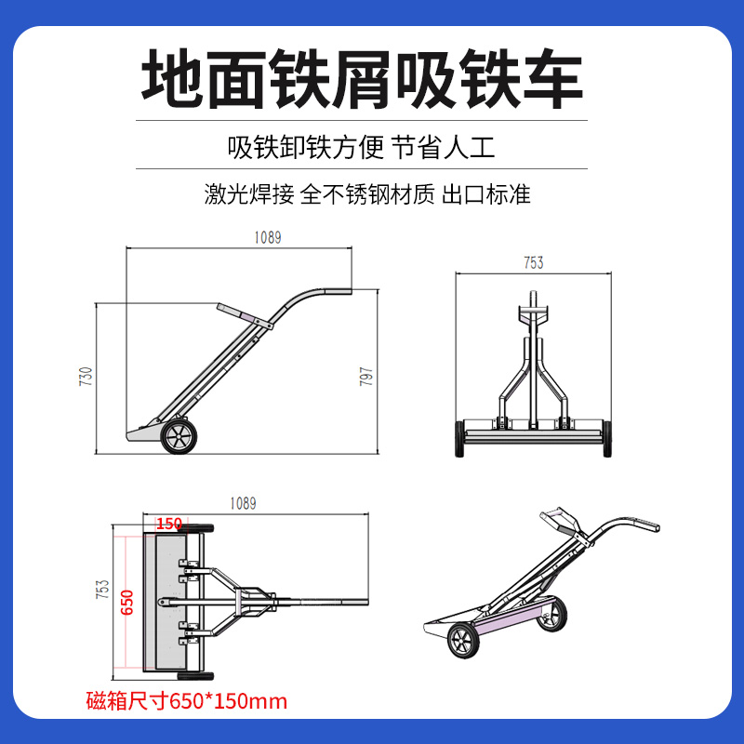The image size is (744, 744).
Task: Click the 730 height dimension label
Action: coord(86,377)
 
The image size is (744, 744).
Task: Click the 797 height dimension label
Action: coord(366,377)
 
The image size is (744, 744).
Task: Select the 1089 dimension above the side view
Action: coord(268,237)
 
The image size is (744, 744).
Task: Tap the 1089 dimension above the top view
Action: coord(243,503)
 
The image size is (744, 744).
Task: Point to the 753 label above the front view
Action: coord(533,262)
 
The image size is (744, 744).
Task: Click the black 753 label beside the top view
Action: coord(103,589)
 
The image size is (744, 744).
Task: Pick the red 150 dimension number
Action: coord(169,524)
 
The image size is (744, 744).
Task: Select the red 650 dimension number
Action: coord(127,602)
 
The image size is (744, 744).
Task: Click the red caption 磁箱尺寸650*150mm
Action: coord(187,701)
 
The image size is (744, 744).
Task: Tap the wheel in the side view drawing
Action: coord(179,436)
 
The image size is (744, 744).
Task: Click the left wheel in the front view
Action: coord(458,438)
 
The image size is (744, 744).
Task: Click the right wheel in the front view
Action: coord(607,438)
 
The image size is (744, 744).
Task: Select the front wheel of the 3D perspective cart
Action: coord(463,640)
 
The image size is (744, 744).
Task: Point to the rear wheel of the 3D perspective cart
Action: coord(552,615)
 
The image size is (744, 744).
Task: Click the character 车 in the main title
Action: coord(552,79)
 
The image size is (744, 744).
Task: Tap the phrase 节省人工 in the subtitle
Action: coord(444,147)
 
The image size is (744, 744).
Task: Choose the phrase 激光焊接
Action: coord(249,194)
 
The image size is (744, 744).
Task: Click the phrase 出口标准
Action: coord(485,194)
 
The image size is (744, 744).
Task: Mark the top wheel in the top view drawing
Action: coord(195,527)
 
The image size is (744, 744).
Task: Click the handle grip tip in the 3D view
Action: coord(651,525)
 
